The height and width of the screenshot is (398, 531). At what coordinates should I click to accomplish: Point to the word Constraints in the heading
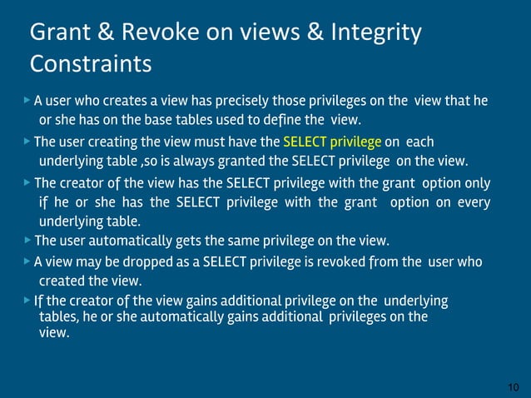(91, 63)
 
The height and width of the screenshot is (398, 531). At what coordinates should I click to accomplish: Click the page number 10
(513, 388)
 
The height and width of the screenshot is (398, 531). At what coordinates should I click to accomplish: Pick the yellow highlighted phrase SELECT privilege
(332, 142)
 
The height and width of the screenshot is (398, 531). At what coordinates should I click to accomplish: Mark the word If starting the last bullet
(38, 301)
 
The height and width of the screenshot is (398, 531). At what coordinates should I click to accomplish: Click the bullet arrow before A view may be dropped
(27, 261)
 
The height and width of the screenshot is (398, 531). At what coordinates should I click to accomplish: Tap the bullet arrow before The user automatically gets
(27, 240)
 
